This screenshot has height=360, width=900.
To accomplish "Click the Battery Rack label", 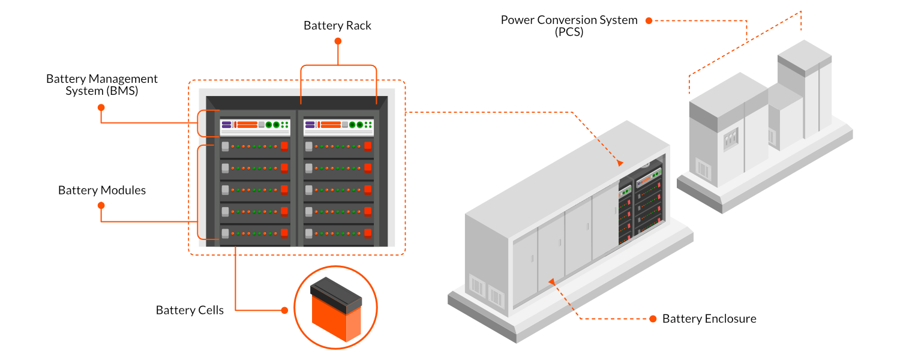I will coord(337,26).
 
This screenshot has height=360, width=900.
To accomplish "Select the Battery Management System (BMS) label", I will coord(102,85).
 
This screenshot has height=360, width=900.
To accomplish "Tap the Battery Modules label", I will coord(102,190).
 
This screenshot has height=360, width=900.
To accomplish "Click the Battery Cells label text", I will coord(190,310).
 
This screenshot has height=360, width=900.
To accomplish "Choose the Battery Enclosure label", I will coord(709,319).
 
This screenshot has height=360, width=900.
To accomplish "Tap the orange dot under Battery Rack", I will coord(338,41).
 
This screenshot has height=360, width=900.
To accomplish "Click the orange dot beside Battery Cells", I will coord(284,310).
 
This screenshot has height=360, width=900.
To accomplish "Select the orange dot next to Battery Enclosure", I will coord(652,319).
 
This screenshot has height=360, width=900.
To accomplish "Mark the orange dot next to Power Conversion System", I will coord(649,20).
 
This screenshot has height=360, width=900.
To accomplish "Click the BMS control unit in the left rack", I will coord(256,125).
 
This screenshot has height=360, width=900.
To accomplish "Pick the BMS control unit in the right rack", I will coord(339,125).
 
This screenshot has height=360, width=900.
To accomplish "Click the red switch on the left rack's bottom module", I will coord(284,233).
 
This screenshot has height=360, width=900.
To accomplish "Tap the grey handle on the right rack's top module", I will coord(308,146).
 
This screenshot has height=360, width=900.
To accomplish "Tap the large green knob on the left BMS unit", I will coord(267,125).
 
